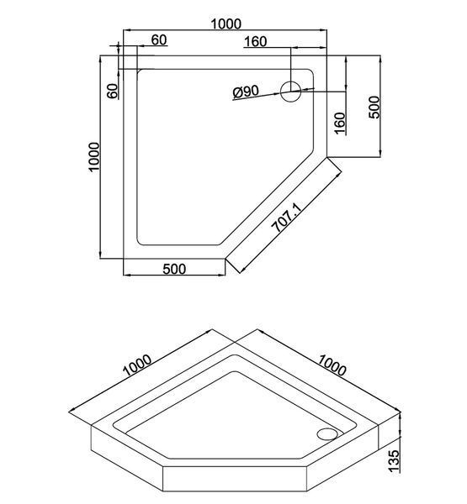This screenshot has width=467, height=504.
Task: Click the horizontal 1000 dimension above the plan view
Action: [x=226, y=24]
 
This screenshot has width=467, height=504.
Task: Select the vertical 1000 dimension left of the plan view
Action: [x=95, y=157]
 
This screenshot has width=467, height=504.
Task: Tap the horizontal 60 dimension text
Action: [x=159, y=39]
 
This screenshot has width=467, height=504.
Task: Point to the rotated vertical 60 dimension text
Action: [x=113, y=92]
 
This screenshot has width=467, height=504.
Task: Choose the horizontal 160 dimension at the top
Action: [x=256, y=42]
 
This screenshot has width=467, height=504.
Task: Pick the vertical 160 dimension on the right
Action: [x=339, y=123]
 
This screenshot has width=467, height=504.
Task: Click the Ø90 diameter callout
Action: [x=246, y=92]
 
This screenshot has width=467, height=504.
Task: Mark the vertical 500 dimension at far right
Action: [x=374, y=108]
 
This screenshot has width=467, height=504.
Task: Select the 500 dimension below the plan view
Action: [x=174, y=269]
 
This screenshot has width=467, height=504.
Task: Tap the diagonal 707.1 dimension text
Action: [x=286, y=218]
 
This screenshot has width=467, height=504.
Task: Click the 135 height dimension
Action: [x=394, y=461]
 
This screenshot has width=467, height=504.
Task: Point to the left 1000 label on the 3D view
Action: [x=137, y=365]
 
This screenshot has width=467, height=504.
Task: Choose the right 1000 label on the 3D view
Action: [x=332, y=365]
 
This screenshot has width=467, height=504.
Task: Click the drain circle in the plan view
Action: [x=291, y=92]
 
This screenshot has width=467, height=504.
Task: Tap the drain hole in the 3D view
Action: [x=327, y=434]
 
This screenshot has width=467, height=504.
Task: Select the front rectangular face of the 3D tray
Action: [x=235, y=479]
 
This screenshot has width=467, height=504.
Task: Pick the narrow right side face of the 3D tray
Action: [x=389, y=439]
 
